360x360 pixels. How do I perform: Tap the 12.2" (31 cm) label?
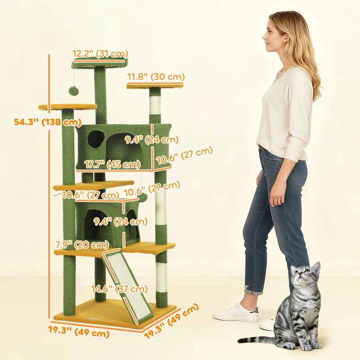coord(99,54)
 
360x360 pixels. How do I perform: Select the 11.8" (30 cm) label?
coord(156,77)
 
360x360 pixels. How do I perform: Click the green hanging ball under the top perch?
coord(72,91)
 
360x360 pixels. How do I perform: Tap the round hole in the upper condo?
coord(95,139)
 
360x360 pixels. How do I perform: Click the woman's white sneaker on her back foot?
coord(235,312)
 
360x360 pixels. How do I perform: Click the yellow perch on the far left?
coord(67,107)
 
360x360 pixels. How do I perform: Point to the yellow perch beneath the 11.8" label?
coord(155,85)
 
